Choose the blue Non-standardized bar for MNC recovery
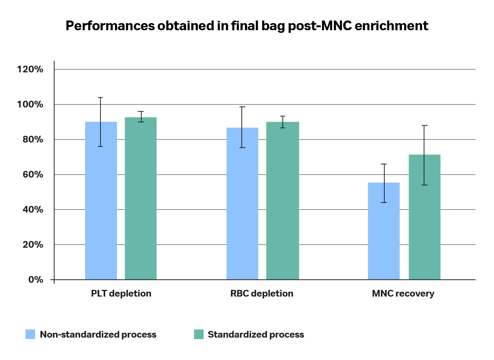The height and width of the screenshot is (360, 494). [384, 231]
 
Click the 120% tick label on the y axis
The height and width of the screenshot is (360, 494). [30, 69]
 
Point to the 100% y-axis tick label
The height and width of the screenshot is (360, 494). [30, 104]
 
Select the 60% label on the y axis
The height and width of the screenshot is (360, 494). [33, 175]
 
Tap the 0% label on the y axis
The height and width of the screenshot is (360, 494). [35, 280]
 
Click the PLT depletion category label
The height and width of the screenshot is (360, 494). [121, 294]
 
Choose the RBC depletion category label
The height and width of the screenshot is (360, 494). [262, 294]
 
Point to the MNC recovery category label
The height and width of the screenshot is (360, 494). [403, 294]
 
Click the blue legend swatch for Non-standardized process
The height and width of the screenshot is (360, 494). [30, 334]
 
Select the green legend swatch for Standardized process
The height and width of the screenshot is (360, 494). [199, 334]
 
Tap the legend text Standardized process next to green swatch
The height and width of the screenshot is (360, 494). [256, 335]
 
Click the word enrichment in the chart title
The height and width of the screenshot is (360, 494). [391, 26]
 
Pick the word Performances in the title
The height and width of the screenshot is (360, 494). [110, 26]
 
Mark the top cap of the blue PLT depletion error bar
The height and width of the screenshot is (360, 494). [100, 97]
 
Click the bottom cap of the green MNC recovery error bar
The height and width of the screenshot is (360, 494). [424, 185]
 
